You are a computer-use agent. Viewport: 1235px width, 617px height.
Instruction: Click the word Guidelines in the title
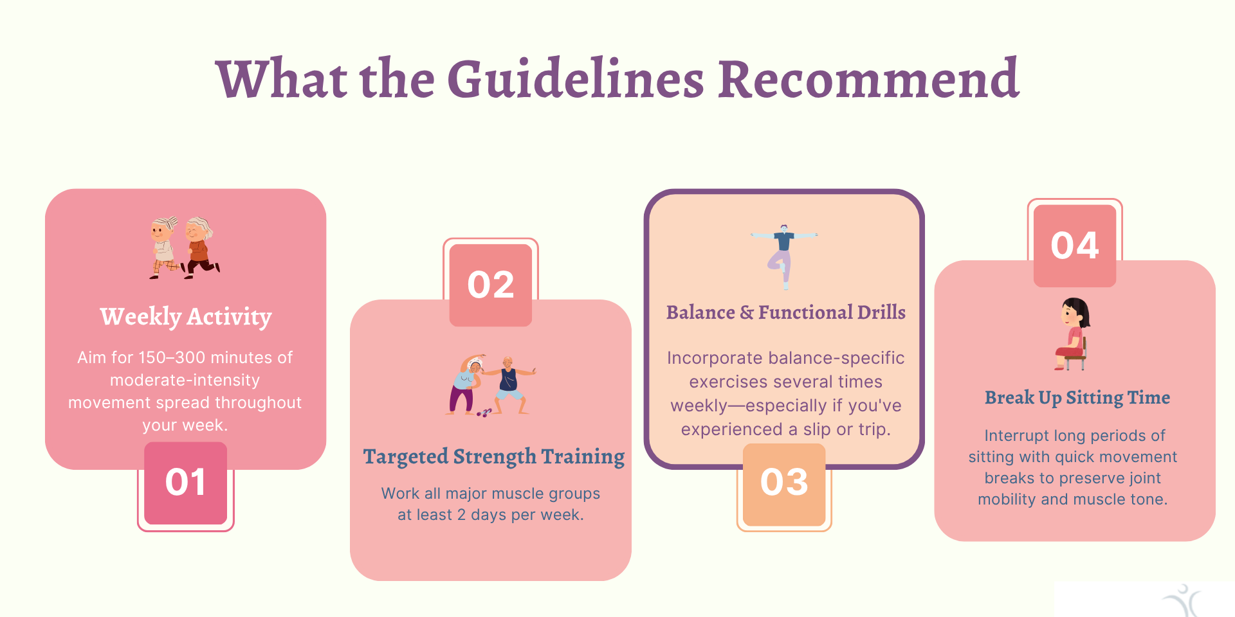(576, 79)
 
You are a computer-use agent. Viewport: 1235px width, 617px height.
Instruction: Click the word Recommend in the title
(868, 79)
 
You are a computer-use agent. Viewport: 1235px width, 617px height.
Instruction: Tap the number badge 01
(185, 483)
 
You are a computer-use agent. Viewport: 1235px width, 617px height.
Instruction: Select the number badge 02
(491, 285)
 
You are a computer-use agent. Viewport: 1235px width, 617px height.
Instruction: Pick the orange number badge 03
(784, 483)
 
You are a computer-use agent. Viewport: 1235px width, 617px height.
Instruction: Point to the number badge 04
(1075, 246)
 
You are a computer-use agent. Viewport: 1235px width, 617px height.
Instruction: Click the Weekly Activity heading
(186, 317)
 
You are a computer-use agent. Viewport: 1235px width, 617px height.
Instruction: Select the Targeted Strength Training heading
(494, 457)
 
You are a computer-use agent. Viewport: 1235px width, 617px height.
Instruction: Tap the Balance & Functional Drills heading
(786, 312)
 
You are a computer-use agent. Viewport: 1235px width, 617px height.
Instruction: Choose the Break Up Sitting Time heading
(1077, 398)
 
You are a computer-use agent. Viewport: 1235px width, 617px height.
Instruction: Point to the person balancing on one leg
(783, 256)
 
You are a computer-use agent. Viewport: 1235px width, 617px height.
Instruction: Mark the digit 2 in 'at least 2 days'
(461, 515)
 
